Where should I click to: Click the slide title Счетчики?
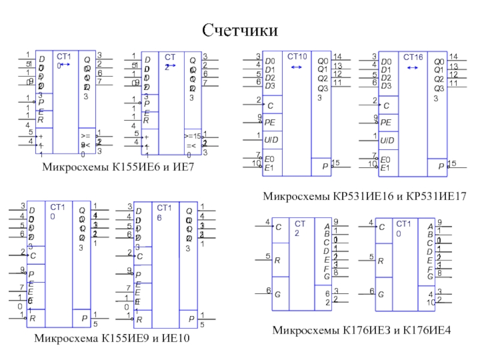[240, 29]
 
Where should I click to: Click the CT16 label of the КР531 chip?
[413, 57]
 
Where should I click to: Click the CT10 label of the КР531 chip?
[297, 57]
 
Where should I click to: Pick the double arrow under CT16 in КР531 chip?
[412, 67]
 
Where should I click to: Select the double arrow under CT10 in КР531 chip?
[296, 67]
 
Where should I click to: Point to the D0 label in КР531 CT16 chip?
[386, 62]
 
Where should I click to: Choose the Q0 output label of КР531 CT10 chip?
[323, 61]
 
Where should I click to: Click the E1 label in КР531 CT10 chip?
[269, 167]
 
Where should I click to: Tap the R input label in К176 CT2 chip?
[277, 260]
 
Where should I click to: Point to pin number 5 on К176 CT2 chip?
[268, 257]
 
